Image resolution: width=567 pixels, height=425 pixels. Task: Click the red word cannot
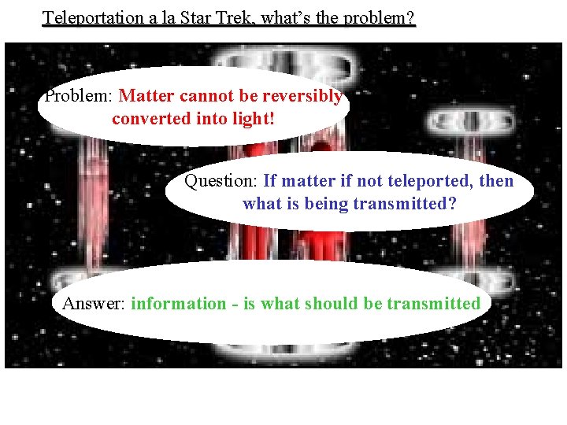point(206,97)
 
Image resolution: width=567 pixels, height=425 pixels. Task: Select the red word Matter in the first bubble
point(149,97)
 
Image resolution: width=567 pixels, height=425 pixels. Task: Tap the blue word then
point(496,181)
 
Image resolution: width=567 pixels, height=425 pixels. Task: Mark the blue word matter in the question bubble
point(299,181)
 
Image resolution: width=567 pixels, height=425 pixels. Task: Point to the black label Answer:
point(94,304)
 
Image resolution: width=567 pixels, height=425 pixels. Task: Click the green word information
point(178,304)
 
